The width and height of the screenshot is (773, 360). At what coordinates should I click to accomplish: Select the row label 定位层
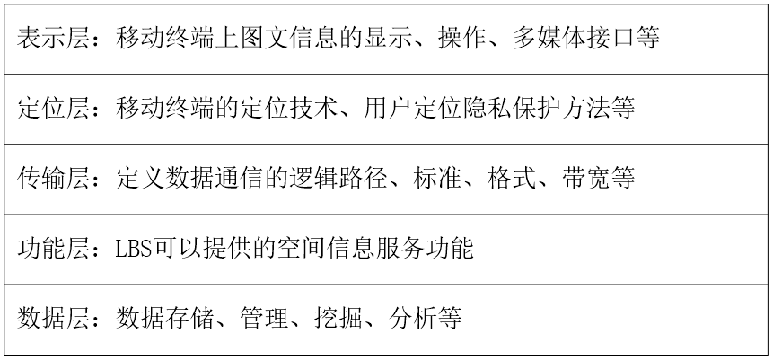pyautogui.click(x=54, y=110)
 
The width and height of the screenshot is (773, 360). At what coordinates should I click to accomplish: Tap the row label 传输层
pyautogui.click(x=54, y=180)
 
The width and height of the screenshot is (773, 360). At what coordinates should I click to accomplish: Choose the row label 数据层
pyautogui.click(x=54, y=318)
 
